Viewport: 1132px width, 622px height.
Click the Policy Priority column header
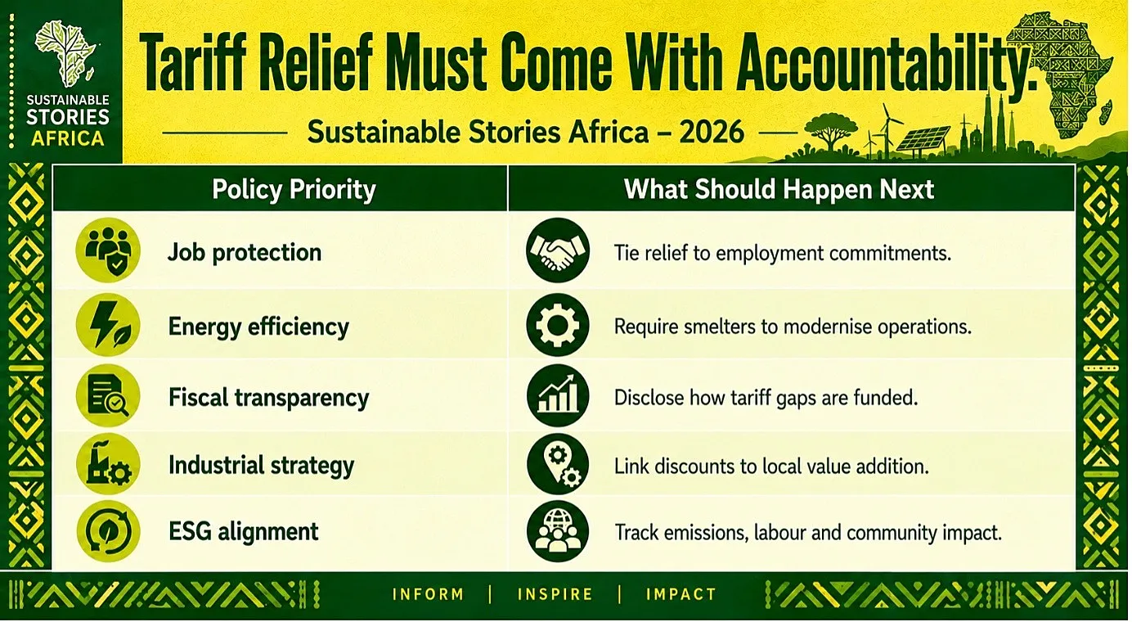coord(294,190)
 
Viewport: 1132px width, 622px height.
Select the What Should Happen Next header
coord(779,189)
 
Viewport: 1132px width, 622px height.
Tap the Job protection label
coord(245,252)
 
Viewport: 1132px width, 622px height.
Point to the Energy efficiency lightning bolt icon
coord(108,325)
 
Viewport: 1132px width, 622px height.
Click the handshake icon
coord(557,250)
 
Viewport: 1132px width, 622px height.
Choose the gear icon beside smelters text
coord(557,325)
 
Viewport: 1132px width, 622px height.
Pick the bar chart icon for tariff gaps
coord(557,395)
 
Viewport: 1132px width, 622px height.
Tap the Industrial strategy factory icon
coord(108,464)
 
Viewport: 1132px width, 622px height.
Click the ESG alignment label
coord(244,532)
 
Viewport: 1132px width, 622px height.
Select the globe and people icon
coord(557,531)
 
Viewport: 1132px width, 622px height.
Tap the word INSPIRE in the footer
coord(555,593)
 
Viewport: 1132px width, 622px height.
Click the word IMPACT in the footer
coord(681,593)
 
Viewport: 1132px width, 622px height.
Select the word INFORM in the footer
coord(428,593)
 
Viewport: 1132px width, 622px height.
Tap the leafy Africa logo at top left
coord(65,53)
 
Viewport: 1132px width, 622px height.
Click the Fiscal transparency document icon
coord(108,395)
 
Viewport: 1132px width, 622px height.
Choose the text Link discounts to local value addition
coord(771,466)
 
